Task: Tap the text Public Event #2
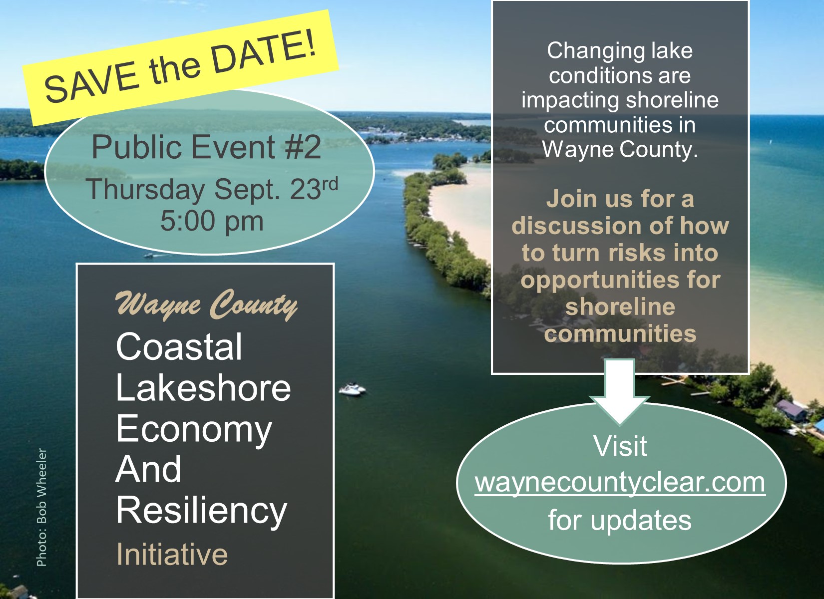pos(206,148)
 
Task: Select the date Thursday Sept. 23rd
pos(212,190)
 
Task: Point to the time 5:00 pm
pos(212,221)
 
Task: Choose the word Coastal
pos(179,347)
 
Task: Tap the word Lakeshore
pos(203,388)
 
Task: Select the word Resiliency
pos(201,511)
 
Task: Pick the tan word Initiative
pos(172,554)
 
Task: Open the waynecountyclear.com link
pos(620,483)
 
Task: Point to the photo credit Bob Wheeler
pos(42,507)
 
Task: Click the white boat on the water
pos(352,389)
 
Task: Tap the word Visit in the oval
pos(620,446)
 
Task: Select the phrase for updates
pos(620,520)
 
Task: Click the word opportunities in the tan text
pos(620,280)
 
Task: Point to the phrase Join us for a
pos(620,199)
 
